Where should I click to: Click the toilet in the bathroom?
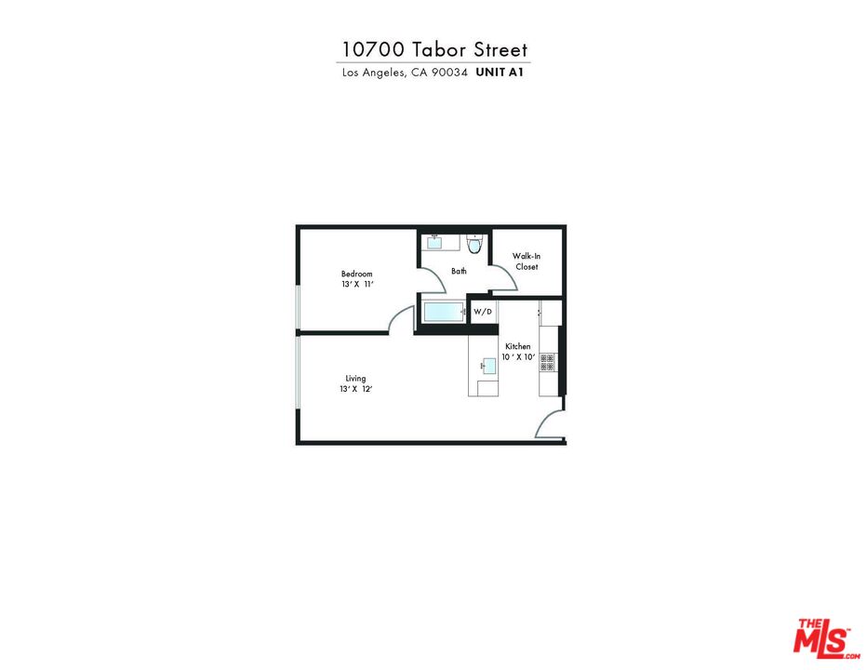[x=474, y=246]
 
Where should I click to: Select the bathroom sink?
[x=435, y=244]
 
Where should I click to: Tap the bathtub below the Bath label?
[x=443, y=312]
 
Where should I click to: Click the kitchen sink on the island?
[x=487, y=365]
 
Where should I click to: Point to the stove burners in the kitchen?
[x=547, y=362]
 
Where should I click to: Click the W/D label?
[x=482, y=312]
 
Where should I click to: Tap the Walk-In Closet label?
[x=527, y=261]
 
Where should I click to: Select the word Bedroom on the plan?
[x=356, y=274]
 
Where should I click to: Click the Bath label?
[x=459, y=272]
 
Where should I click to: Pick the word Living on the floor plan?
[x=355, y=379]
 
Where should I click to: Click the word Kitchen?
[x=518, y=346]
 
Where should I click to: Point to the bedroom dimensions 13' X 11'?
[x=356, y=285]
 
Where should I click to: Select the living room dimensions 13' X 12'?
[x=356, y=390]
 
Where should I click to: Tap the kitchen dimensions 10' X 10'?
[x=518, y=357]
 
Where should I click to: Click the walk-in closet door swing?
[x=502, y=277]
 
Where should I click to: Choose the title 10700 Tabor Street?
[x=434, y=49]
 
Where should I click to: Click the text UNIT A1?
[x=501, y=73]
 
